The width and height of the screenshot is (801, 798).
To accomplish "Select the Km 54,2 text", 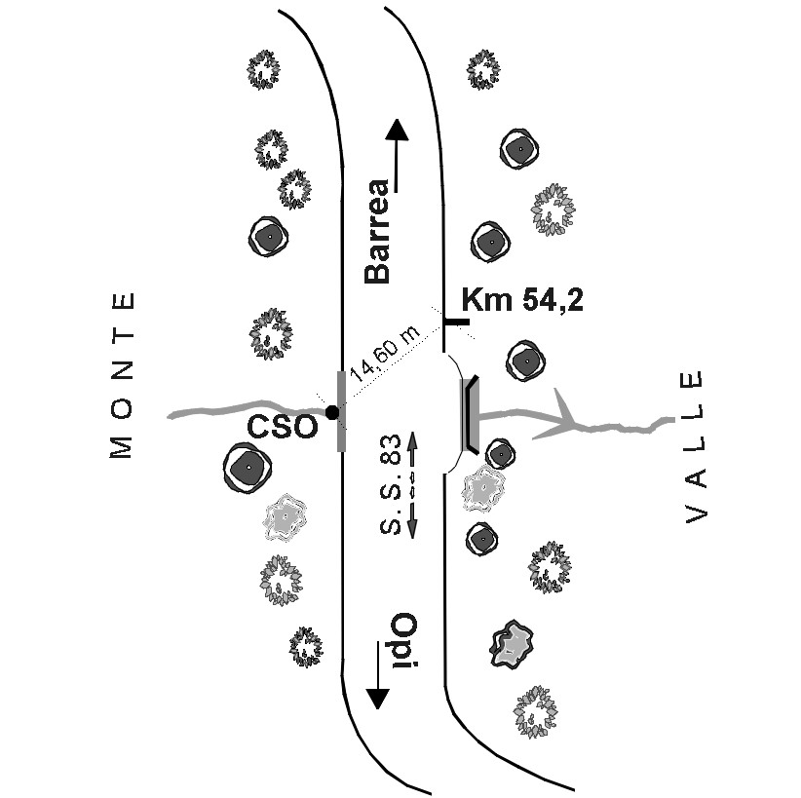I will [522, 300].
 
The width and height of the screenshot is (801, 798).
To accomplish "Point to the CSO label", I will [283, 427].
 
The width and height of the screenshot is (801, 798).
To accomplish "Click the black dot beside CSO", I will [332, 413].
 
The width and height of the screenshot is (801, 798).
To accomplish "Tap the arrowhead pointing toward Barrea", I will [396, 131].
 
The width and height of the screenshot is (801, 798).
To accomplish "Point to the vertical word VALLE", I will [694, 447].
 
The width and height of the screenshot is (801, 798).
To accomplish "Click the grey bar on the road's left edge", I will [341, 411].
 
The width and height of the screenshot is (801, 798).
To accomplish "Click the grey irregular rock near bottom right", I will [511, 644].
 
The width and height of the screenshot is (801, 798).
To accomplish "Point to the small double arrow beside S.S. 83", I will [411, 484].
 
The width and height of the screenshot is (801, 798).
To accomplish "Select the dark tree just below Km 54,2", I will [526, 361].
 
